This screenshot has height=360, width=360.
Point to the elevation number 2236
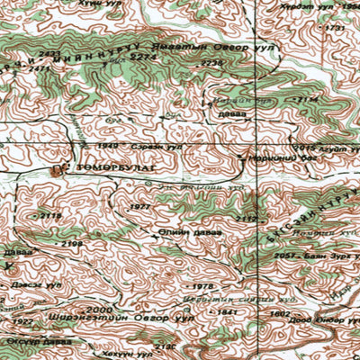tap(211, 63)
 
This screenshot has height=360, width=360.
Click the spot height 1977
tap(140, 207)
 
